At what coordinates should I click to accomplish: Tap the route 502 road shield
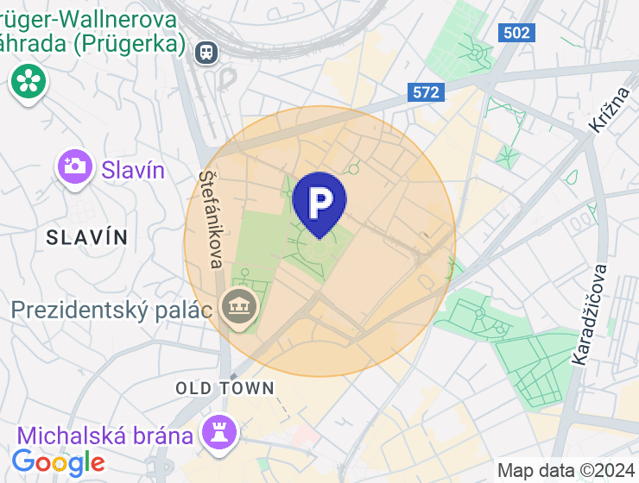(516, 32)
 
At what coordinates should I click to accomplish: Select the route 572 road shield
(426, 92)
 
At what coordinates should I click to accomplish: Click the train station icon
(207, 52)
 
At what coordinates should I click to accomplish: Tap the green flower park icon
(28, 81)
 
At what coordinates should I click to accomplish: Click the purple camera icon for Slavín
(75, 166)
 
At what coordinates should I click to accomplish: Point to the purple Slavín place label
(132, 169)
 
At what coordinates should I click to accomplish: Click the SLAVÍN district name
(87, 237)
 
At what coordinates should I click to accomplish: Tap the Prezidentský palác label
(111, 309)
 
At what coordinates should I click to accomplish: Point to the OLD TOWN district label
(225, 388)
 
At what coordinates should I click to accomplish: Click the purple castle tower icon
(219, 433)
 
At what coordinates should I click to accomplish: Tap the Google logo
(58, 463)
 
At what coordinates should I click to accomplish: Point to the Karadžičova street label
(589, 314)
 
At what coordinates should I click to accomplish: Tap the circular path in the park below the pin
(319, 249)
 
